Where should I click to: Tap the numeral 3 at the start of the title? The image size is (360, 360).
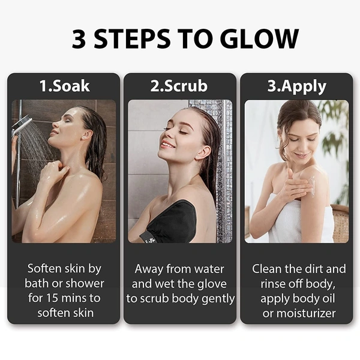[x=79, y=39]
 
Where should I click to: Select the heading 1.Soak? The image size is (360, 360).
[x=64, y=86]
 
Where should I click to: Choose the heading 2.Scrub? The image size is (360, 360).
[x=179, y=86]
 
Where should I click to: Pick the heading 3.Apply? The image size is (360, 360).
[x=296, y=86]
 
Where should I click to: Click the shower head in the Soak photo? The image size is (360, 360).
[x=22, y=124]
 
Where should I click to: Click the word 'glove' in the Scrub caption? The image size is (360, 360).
[x=217, y=284]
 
